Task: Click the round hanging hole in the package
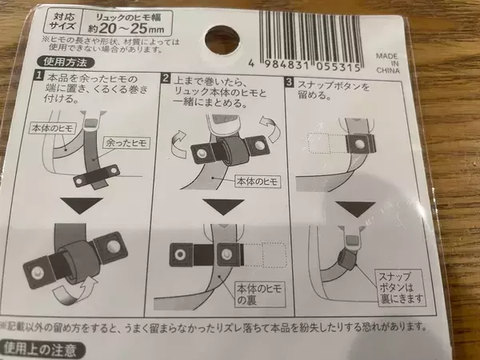point(222,40)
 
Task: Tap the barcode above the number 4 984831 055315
point(310,35)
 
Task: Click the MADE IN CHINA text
point(388,63)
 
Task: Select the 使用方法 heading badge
point(66,62)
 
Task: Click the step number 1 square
point(38,75)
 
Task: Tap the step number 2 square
point(166,78)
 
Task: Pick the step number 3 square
point(289,82)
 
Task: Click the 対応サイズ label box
point(62,22)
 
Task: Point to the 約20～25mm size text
point(126,29)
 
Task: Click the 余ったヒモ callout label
point(126,143)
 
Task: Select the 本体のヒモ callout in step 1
point(53,128)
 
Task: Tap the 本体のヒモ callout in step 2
point(258,182)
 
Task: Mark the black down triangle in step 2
point(223,207)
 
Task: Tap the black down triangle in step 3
point(355,209)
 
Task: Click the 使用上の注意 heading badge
point(41,349)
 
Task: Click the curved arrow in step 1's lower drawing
point(73,292)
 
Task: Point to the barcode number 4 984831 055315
point(305,66)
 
